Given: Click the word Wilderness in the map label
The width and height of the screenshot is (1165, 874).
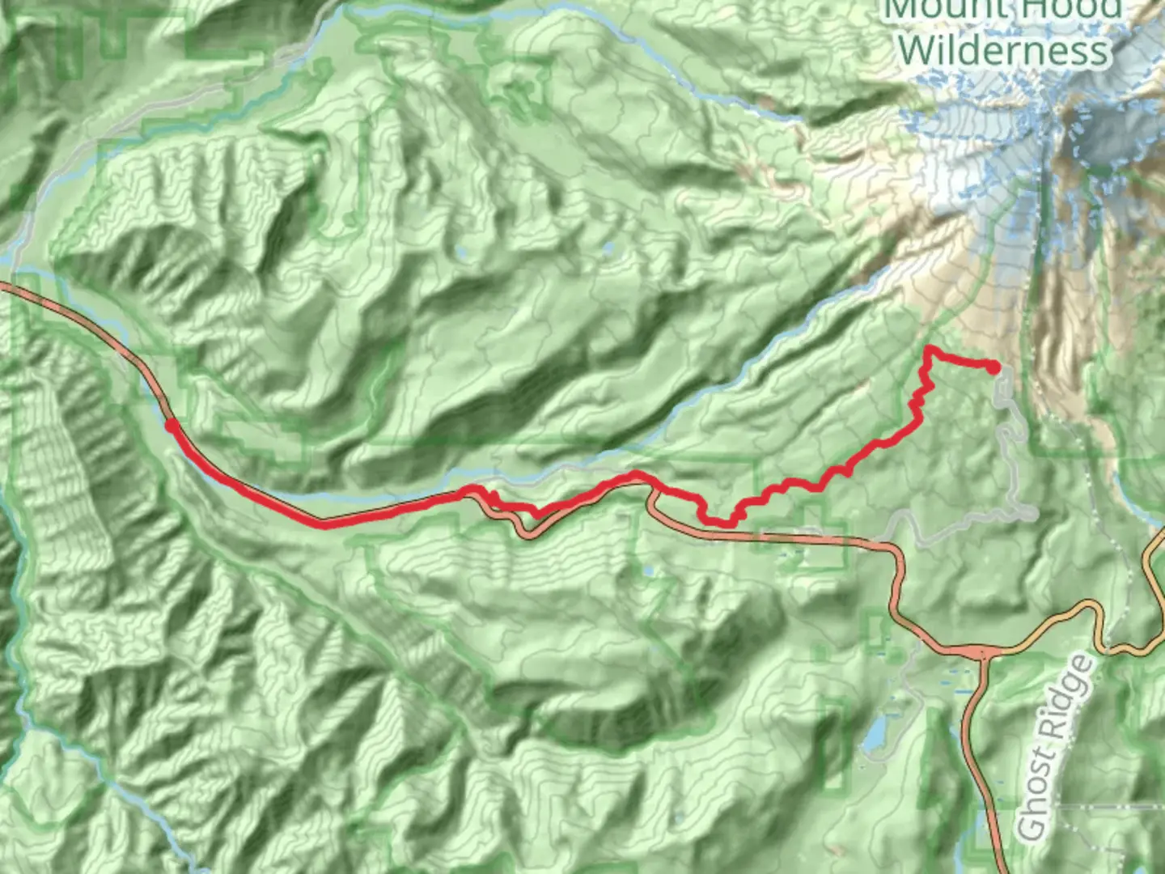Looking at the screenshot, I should pos(1003,50).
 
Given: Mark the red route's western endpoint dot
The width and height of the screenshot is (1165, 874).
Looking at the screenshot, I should pos(171,423).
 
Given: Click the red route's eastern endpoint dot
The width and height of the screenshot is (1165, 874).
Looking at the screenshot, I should pos(993,367).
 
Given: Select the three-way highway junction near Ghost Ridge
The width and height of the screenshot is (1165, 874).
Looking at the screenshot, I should pos(982,652).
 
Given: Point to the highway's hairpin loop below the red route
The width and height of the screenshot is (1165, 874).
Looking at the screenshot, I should pos(528,531).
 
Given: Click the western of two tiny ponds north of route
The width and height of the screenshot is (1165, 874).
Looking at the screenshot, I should pos(462,254).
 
